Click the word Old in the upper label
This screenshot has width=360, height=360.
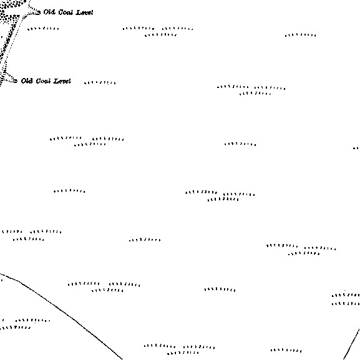(49, 12)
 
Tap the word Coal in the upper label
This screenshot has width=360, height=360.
(66, 12)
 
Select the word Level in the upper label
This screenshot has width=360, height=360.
(84, 12)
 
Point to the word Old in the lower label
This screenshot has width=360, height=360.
(27, 81)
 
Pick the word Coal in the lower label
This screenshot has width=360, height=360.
(43, 81)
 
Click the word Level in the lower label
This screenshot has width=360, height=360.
(62, 81)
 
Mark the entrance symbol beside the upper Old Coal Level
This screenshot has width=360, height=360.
(38, 12)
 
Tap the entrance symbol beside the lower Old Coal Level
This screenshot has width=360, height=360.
(16, 81)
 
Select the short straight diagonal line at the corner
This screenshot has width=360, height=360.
(351, 344)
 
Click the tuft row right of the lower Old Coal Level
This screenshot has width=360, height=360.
(100, 82)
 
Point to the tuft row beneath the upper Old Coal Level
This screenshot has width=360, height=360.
(43, 29)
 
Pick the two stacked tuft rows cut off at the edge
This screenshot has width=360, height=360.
(346, 299)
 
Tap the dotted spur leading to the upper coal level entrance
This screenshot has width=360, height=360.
(32, 11)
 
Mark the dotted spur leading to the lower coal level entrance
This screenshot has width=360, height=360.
(9, 77)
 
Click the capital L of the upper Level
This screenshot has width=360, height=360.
(79, 12)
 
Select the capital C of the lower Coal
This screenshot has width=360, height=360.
(39, 81)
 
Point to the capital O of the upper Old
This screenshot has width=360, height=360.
(46, 12)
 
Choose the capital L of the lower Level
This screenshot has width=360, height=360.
(56, 81)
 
